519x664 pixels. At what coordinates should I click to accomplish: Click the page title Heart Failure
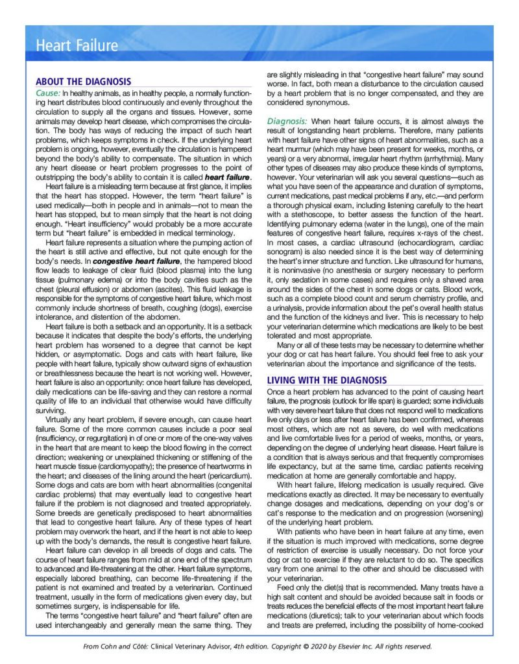[x=77, y=45]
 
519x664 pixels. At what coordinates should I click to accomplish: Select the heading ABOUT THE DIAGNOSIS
[x=83, y=82]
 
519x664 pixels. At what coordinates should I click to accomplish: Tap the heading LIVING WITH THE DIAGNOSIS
[x=327, y=380]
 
